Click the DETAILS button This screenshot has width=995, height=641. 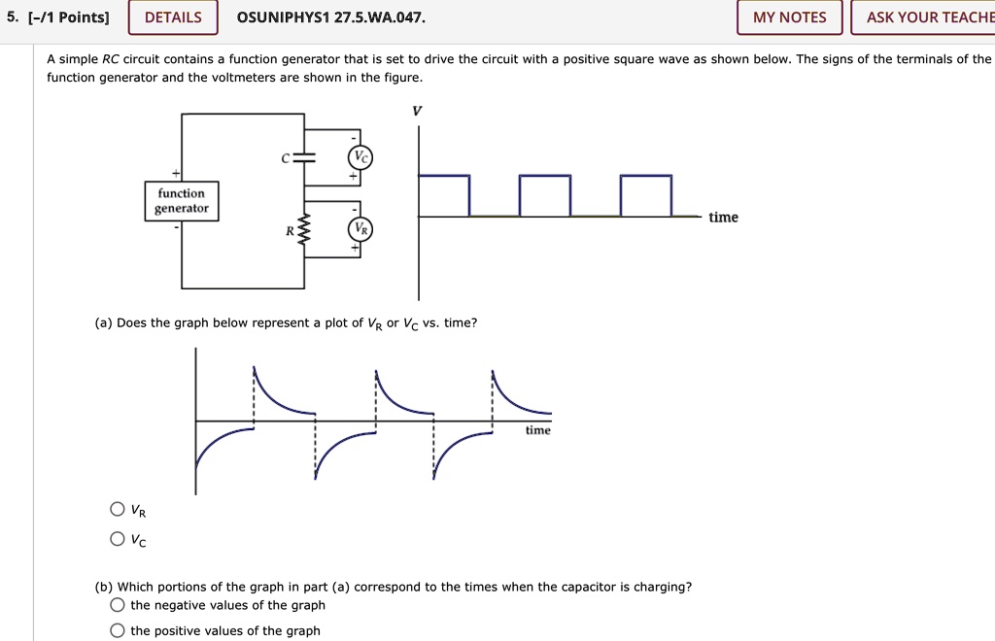(173, 17)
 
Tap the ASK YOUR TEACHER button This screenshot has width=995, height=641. (924, 17)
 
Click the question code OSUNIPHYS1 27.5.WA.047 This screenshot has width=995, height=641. (331, 17)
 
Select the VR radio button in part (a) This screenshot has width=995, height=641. (118, 510)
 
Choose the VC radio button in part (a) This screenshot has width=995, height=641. (118, 539)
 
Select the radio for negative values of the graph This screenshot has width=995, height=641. (118, 605)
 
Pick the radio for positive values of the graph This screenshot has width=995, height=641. (118, 630)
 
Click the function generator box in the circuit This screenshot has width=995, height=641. (182, 201)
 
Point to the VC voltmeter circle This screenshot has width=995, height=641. (360, 158)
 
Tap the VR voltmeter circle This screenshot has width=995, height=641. (360, 230)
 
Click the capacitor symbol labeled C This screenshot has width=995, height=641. (305, 157)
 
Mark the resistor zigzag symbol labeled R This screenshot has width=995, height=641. (305, 231)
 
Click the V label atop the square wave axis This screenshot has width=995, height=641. (418, 112)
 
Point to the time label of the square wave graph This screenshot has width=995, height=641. (723, 218)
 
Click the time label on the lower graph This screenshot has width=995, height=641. (537, 430)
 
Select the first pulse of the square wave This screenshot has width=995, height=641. (444, 194)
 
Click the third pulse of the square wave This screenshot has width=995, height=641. (645, 194)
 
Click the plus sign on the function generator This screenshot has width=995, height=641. (176, 173)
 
